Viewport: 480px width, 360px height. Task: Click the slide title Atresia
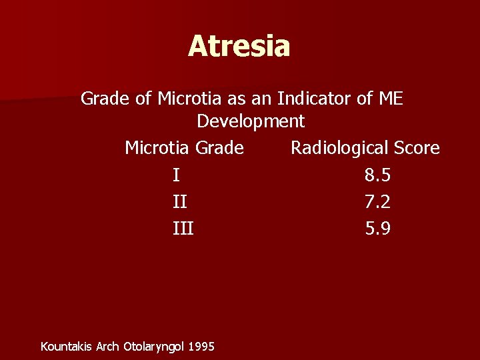pyautogui.click(x=239, y=46)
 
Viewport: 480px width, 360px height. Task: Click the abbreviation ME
pyautogui.click(x=390, y=99)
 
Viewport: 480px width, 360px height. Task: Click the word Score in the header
pyautogui.click(x=415, y=147)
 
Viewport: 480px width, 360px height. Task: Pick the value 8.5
pyautogui.click(x=378, y=175)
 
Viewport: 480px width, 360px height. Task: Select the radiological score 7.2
pyautogui.click(x=378, y=202)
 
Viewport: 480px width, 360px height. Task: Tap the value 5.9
pyautogui.click(x=378, y=229)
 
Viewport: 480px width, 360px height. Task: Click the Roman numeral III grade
pyautogui.click(x=183, y=229)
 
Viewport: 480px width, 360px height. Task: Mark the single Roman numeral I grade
pyautogui.click(x=175, y=175)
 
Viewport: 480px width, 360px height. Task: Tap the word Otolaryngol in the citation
pyautogui.click(x=155, y=346)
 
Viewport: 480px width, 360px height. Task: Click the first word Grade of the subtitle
pyautogui.click(x=103, y=99)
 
